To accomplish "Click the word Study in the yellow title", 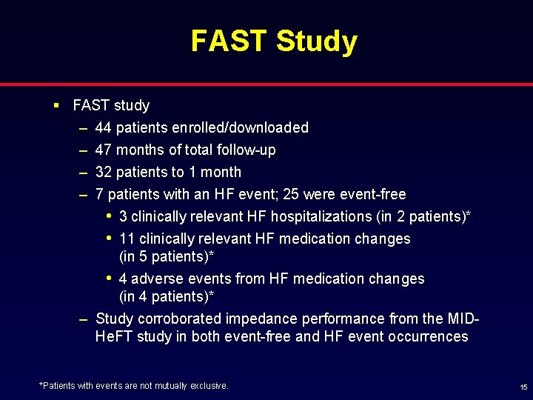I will click(317, 41).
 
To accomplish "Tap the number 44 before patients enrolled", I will click(104, 127).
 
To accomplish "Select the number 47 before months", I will click(104, 150).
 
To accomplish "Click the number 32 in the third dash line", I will click(104, 172).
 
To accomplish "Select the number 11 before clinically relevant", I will click(127, 239).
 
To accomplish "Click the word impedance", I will click(260, 319).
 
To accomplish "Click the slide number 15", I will click(523, 387).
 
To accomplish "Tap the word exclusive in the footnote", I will click(211, 385).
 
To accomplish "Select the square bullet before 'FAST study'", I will click(57, 105).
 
